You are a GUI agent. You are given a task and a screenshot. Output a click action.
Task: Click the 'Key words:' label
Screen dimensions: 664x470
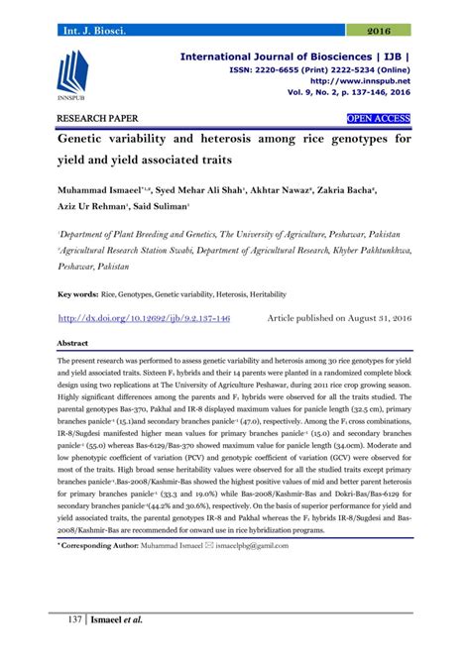coord(77,294)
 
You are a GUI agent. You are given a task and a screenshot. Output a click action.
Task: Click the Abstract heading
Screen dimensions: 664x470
coord(74,342)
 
